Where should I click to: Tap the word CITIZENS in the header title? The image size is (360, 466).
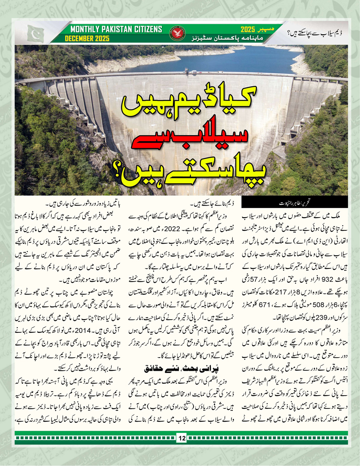pyautogui.click(x=145, y=29)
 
